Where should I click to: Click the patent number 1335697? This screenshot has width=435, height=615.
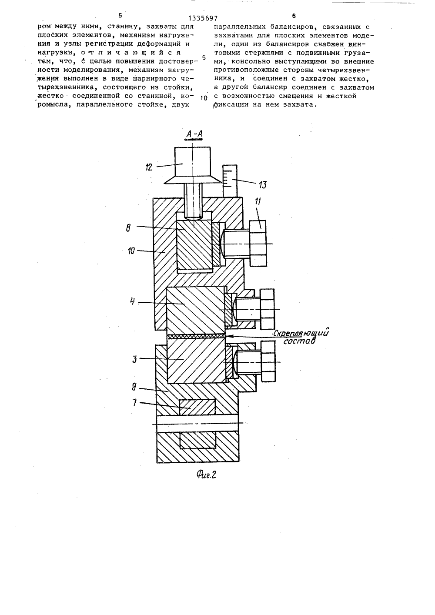[x=203, y=18]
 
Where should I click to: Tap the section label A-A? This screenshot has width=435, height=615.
[x=194, y=134]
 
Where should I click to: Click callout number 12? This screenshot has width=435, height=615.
[x=149, y=167]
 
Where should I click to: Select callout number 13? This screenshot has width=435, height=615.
[x=262, y=185]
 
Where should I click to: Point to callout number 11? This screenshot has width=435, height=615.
[x=258, y=201]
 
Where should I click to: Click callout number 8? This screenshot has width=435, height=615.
[x=128, y=228]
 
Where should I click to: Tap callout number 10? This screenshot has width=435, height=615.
[x=131, y=251]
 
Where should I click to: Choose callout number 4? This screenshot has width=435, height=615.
[x=133, y=302]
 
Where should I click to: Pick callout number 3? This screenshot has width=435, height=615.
[x=134, y=359]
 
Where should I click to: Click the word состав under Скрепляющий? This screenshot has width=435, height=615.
[x=299, y=341]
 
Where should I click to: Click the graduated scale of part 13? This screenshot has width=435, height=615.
[x=230, y=181]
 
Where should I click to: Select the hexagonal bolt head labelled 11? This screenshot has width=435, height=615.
[x=258, y=243]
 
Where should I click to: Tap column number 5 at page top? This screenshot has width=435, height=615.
[x=120, y=16]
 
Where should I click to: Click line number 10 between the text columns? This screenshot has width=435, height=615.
[x=204, y=98]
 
